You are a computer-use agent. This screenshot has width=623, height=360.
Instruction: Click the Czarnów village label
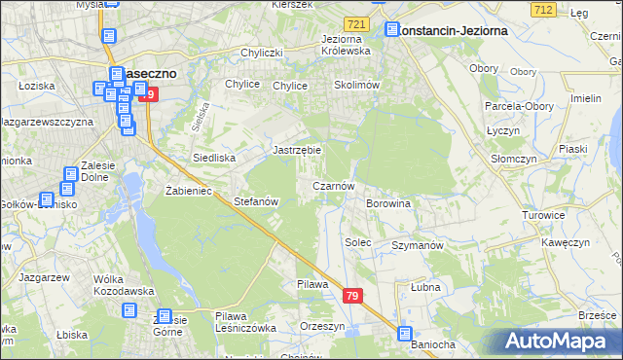click(x=339, y=185)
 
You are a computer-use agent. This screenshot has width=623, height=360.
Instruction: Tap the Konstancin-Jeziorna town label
click(x=453, y=30)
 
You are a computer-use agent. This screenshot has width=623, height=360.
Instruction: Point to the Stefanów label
click(x=257, y=201)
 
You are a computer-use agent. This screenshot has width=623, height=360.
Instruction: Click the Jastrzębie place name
click(x=297, y=151)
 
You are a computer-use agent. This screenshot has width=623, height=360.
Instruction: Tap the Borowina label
click(x=387, y=203)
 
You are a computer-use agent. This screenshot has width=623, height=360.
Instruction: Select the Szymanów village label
click(x=418, y=245)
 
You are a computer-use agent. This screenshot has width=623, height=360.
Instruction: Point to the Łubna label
click(x=425, y=287)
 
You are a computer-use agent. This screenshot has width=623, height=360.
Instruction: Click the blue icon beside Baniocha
click(x=405, y=334)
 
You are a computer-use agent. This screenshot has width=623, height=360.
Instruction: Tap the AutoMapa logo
click(x=560, y=341)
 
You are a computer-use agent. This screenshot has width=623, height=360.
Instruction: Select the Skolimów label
click(x=356, y=85)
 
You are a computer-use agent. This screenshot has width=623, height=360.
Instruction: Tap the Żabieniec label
click(x=189, y=191)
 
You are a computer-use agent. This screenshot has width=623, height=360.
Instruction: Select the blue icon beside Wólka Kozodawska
click(x=129, y=310)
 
